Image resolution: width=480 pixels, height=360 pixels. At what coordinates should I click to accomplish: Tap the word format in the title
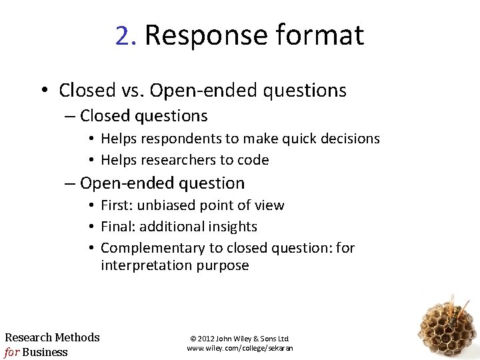pos(327,35)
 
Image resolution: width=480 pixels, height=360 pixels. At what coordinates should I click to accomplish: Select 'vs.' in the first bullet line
pos(133,90)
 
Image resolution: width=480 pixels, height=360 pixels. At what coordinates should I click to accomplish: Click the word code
pos(255,160)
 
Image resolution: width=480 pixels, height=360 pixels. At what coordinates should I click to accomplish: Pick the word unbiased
pos(164,205)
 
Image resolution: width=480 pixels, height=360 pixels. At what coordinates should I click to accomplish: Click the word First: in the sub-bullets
pos(117,205)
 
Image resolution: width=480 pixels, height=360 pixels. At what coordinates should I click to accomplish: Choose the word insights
pos(233,227)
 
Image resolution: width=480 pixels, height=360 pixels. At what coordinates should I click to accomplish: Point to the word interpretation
pos(147,265)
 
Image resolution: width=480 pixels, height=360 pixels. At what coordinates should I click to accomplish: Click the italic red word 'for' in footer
pos(11,352)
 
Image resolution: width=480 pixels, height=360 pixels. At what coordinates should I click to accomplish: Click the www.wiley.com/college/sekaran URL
pos(239,348)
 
